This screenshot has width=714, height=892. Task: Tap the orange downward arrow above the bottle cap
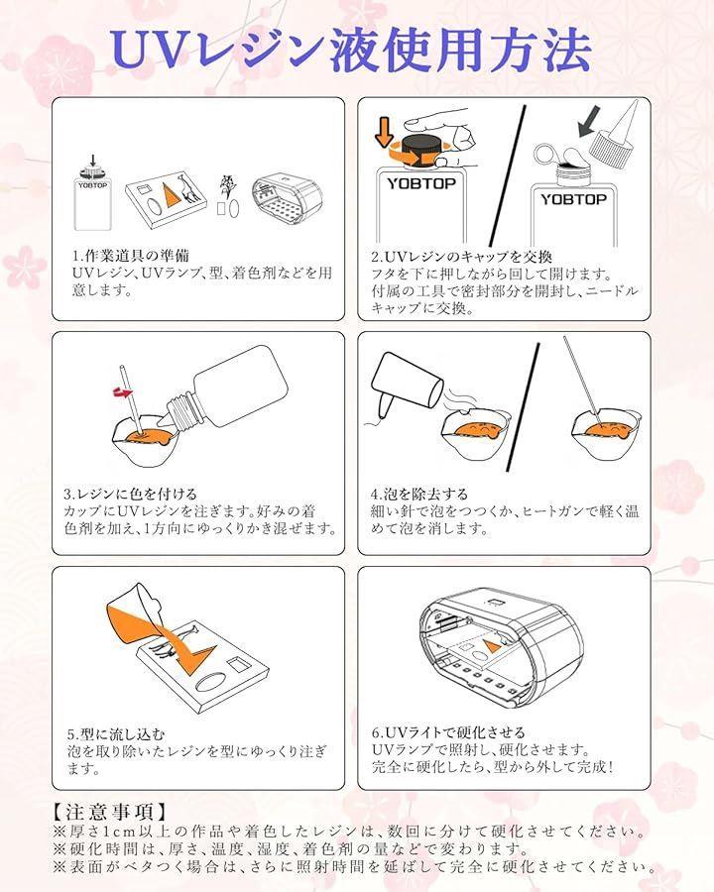pos(386,131)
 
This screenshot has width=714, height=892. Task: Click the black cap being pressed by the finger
pos(421,150)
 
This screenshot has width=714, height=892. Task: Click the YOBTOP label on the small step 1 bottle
pos(92,185)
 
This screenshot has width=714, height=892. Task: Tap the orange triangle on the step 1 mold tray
pos(170,193)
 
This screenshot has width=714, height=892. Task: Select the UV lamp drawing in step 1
pos(287,199)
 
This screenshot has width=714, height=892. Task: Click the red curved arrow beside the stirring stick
pos(121,391)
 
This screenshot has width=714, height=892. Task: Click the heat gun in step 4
pos(405,386)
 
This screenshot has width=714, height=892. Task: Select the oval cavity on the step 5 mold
pos(212,681)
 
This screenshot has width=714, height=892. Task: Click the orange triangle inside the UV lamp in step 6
pos(491,645)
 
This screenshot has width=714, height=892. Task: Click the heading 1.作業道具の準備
pos(131,256)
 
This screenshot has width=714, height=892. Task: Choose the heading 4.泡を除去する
pos(419,494)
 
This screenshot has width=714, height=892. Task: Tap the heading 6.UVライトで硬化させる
pos(448,732)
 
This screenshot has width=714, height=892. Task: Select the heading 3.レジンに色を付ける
pos(130,494)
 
